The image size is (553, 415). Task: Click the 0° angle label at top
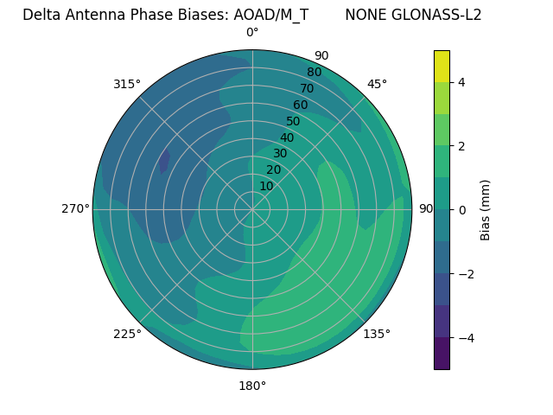[252, 33]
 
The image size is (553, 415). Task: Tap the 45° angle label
[377, 84]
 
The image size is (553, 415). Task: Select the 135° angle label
[377, 334]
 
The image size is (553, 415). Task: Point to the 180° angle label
[252, 386]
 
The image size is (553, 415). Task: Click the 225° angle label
[127, 334]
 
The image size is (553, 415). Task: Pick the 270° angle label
[76, 208]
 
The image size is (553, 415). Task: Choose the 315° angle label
[127, 84]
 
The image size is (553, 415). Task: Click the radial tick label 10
[266, 186]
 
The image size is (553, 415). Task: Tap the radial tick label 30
[280, 153]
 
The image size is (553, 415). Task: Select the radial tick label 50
[294, 121]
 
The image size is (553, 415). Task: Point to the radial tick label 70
[307, 88]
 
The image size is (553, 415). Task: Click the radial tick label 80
[314, 73]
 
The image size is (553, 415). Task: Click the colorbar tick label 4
[462, 82]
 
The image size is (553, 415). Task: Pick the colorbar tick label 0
[462, 210]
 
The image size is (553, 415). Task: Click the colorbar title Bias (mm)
[486, 210]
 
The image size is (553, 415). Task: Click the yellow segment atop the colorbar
[442, 67]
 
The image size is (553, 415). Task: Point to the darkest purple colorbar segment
[442, 354]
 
